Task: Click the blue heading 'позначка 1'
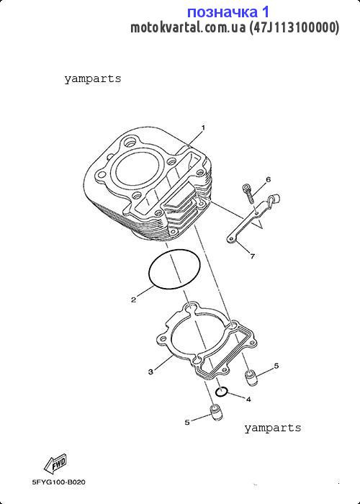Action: tap(228, 12)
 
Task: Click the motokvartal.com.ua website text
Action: tap(188, 28)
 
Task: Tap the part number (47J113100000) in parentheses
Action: tap(294, 28)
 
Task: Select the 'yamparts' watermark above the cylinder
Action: tap(93, 78)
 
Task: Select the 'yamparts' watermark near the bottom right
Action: tap(273, 428)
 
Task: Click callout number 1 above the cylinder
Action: tap(203, 127)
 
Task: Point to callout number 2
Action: tap(133, 300)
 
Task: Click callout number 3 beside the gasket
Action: tap(150, 372)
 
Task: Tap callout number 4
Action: tap(248, 400)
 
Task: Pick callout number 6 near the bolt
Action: tap(269, 179)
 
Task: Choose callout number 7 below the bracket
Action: tap(252, 256)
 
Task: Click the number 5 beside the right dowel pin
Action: tap(276, 366)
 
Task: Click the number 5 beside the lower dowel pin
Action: tap(187, 422)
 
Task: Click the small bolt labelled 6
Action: tap(248, 193)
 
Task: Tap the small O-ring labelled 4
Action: tap(222, 392)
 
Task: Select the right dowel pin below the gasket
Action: tap(251, 377)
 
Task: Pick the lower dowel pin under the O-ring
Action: tap(216, 413)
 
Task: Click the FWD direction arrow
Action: tap(55, 464)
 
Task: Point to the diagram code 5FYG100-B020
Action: tap(59, 482)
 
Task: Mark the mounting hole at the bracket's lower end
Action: tap(231, 238)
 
